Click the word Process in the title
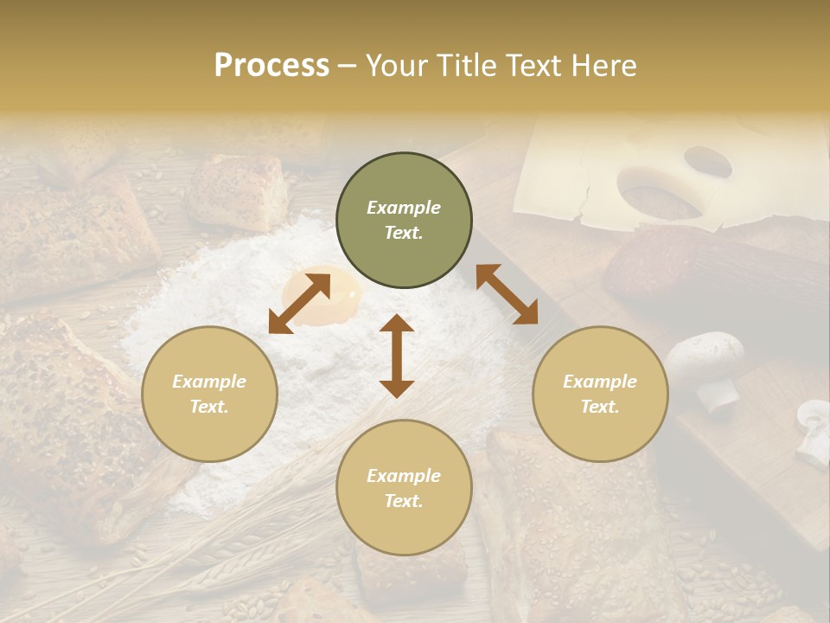pyautogui.click(x=271, y=66)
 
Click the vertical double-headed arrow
pyautogui.click(x=397, y=356)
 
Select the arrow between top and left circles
pyautogui.click(x=299, y=303)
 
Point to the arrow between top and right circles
pyautogui.click(x=507, y=294)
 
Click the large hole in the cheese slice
pyautogui.click(x=659, y=194)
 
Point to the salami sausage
pyautogui.click(x=692, y=268)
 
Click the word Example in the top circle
pyautogui.click(x=404, y=208)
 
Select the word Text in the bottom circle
pyautogui.click(x=404, y=501)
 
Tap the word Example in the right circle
pyautogui.click(x=600, y=382)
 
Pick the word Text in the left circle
pyautogui.click(x=209, y=407)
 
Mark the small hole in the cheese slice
pyautogui.click(x=707, y=161)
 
